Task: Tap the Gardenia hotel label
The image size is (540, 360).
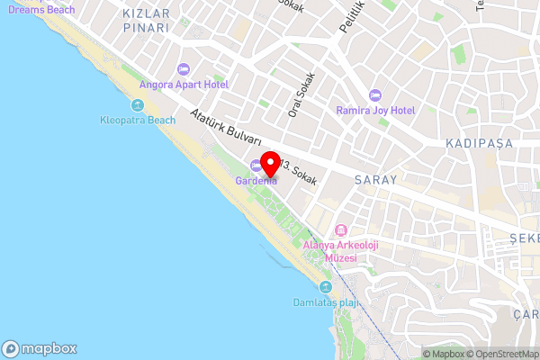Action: [256, 181]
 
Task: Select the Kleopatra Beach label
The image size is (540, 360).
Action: [138, 120]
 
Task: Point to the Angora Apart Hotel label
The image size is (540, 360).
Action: [184, 85]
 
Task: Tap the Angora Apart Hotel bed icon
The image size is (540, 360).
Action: [184, 69]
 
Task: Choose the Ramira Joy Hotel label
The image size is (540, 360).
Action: [375, 110]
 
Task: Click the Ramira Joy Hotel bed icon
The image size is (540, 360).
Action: [375, 94]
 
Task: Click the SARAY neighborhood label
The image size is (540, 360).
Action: [375, 180]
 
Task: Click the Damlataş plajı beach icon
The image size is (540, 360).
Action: [326, 287]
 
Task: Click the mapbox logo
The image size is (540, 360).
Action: [40, 349]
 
